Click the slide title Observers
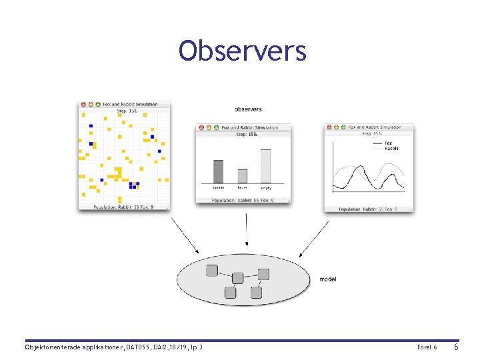(x=242, y=51)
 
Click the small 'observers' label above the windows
(x=248, y=109)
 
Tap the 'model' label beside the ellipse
(x=328, y=279)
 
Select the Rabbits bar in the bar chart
(x=218, y=171)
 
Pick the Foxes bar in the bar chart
(x=242, y=176)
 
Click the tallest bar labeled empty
(x=266, y=166)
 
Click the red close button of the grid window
(x=83, y=105)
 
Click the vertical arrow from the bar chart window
(x=247, y=235)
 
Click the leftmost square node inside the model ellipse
(x=212, y=271)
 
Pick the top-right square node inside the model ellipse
(x=263, y=274)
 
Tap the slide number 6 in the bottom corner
(x=456, y=347)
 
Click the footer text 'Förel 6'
(x=427, y=347)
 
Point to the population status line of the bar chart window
(x=243, y=200)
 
